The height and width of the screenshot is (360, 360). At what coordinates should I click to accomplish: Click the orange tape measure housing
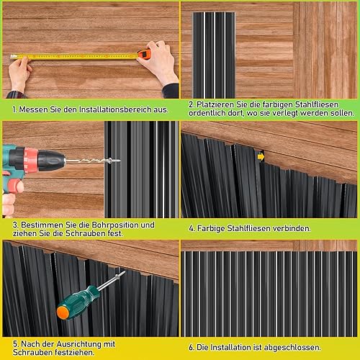[x=144, y=54]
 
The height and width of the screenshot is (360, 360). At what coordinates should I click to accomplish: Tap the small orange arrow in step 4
[x=261, y=157]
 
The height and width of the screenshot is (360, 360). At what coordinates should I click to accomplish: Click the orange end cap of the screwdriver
[x=63, y=312]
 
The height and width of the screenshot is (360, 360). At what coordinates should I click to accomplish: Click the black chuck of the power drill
[x=51, y=161]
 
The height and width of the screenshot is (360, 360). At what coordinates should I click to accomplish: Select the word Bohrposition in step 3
[x=112, y=225]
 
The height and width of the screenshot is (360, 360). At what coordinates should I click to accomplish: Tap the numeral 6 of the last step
[x=191, y=348]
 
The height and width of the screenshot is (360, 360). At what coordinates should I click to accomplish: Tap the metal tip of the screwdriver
[x=112, y=280]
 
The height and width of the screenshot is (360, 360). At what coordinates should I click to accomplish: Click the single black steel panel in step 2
[x=214, y=55]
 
